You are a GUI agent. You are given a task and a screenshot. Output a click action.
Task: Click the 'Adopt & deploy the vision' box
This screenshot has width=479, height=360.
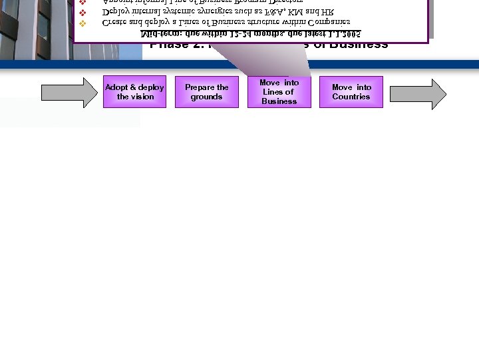[134, 92]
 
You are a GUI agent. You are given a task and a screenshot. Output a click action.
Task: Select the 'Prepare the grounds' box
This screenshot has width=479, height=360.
[206, 92]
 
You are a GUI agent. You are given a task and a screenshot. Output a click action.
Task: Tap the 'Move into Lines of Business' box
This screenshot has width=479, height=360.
[279, 92]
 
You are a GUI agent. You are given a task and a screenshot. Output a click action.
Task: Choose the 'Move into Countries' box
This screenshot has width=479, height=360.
[351, 92]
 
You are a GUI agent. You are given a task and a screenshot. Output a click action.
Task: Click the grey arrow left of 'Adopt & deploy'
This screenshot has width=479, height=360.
[69, 92]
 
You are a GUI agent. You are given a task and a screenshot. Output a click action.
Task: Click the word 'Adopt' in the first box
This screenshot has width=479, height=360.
[116, 87]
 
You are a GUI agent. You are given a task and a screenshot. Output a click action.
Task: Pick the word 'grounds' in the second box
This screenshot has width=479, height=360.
[206, 97]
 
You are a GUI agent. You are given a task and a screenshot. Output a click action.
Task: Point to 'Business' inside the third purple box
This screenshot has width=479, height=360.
[279, 101]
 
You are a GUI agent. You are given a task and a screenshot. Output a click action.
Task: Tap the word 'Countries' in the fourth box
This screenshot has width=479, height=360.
[351, 97]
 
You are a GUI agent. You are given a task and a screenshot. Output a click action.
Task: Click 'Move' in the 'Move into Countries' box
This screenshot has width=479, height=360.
[342, 87]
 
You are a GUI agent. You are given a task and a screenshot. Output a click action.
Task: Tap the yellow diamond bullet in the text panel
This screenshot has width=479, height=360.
[82, 23]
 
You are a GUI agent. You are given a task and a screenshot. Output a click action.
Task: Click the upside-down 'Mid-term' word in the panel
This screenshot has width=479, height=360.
[159, 33]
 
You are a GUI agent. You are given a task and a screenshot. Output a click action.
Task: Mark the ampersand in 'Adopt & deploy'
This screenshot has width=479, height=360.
[132, 87]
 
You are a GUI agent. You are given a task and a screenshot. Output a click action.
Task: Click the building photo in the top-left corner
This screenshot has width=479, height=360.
[33, 27]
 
